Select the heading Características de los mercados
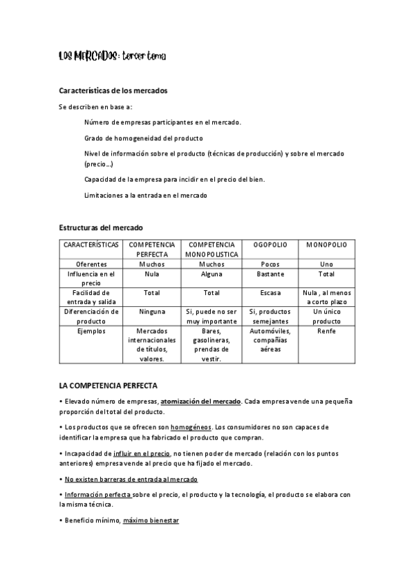[x=113, y=91]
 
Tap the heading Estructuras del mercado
[x=101, y=227]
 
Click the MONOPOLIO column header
[x=326, y=245]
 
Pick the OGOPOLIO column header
[x=270, y=245]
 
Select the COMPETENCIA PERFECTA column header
[x=152, y=249]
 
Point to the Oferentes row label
[x=91, y=264]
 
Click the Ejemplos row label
[x=91, y=331]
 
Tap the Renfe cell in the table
[x=326, y=331]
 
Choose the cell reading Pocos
[x=270, y=264]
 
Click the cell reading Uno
[x=326, y=264]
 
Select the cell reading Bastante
[x=270, y=274]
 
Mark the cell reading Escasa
[x=270, y=293]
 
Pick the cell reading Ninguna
[x=152, y=312]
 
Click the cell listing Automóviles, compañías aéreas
[x=270, y=340]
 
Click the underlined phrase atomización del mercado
[x=200, y=401]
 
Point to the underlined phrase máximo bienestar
[x=151, y=520]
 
